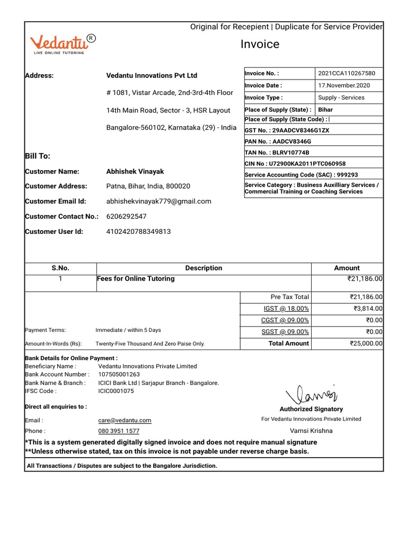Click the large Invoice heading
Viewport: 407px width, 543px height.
(x=260, y=44)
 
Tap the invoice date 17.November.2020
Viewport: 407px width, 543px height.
(x=344, y=85)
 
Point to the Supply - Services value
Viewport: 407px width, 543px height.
(x=341, y=98)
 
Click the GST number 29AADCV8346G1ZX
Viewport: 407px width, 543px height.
(x=300, y=130)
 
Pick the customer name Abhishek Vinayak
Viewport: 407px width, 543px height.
(x=135, y=171)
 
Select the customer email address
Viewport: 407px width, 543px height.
(x=158, y=201)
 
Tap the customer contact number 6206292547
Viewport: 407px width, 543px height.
(x=127, y=216)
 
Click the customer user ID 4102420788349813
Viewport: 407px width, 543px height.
(x=138, y=231)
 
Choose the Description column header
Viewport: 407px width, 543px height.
(x=203, y=268)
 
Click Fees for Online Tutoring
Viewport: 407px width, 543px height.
(x=136, y=278)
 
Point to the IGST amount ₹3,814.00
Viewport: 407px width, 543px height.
(x=368, y=309)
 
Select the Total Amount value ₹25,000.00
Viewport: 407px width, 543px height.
(x=366, y=344)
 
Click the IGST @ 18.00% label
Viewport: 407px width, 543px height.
(x=286, y=309)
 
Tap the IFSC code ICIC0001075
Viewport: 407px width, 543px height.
(x=116, y=391)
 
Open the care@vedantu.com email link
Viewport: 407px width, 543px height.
(x=121, y=420)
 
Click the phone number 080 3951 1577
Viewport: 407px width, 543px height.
(x=119, y=431)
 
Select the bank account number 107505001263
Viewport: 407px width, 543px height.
(x=119, y=374)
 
